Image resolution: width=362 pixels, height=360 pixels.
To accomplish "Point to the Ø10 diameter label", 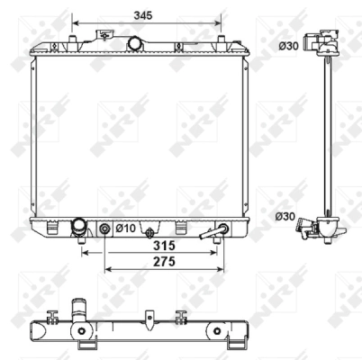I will coord(124,229).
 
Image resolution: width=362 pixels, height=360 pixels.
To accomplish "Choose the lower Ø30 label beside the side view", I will coord(285,216).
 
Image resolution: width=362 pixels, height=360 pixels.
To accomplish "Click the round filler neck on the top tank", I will coord(135,42).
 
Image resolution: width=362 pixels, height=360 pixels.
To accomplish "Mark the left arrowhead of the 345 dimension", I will coord(76,24).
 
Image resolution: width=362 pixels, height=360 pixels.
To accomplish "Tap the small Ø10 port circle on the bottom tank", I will coord(106,229).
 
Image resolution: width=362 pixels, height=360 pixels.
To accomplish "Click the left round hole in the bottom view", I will coord(84,343).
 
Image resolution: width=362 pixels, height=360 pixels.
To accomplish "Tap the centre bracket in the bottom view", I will coord(149,319).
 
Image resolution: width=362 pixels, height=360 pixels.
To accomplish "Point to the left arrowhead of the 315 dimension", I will coord(85,253).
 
